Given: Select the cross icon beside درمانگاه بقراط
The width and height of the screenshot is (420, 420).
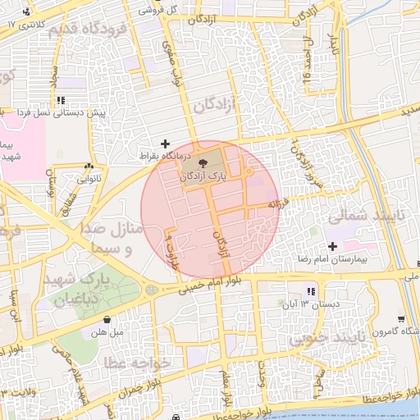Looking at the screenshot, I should [167, 143].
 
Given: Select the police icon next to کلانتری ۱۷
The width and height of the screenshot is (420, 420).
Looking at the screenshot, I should [28, 11].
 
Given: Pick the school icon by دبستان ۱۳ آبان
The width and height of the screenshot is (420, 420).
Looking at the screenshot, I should [309, 291].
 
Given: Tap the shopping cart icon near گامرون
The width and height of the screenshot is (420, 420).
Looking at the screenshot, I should [400, 320].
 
